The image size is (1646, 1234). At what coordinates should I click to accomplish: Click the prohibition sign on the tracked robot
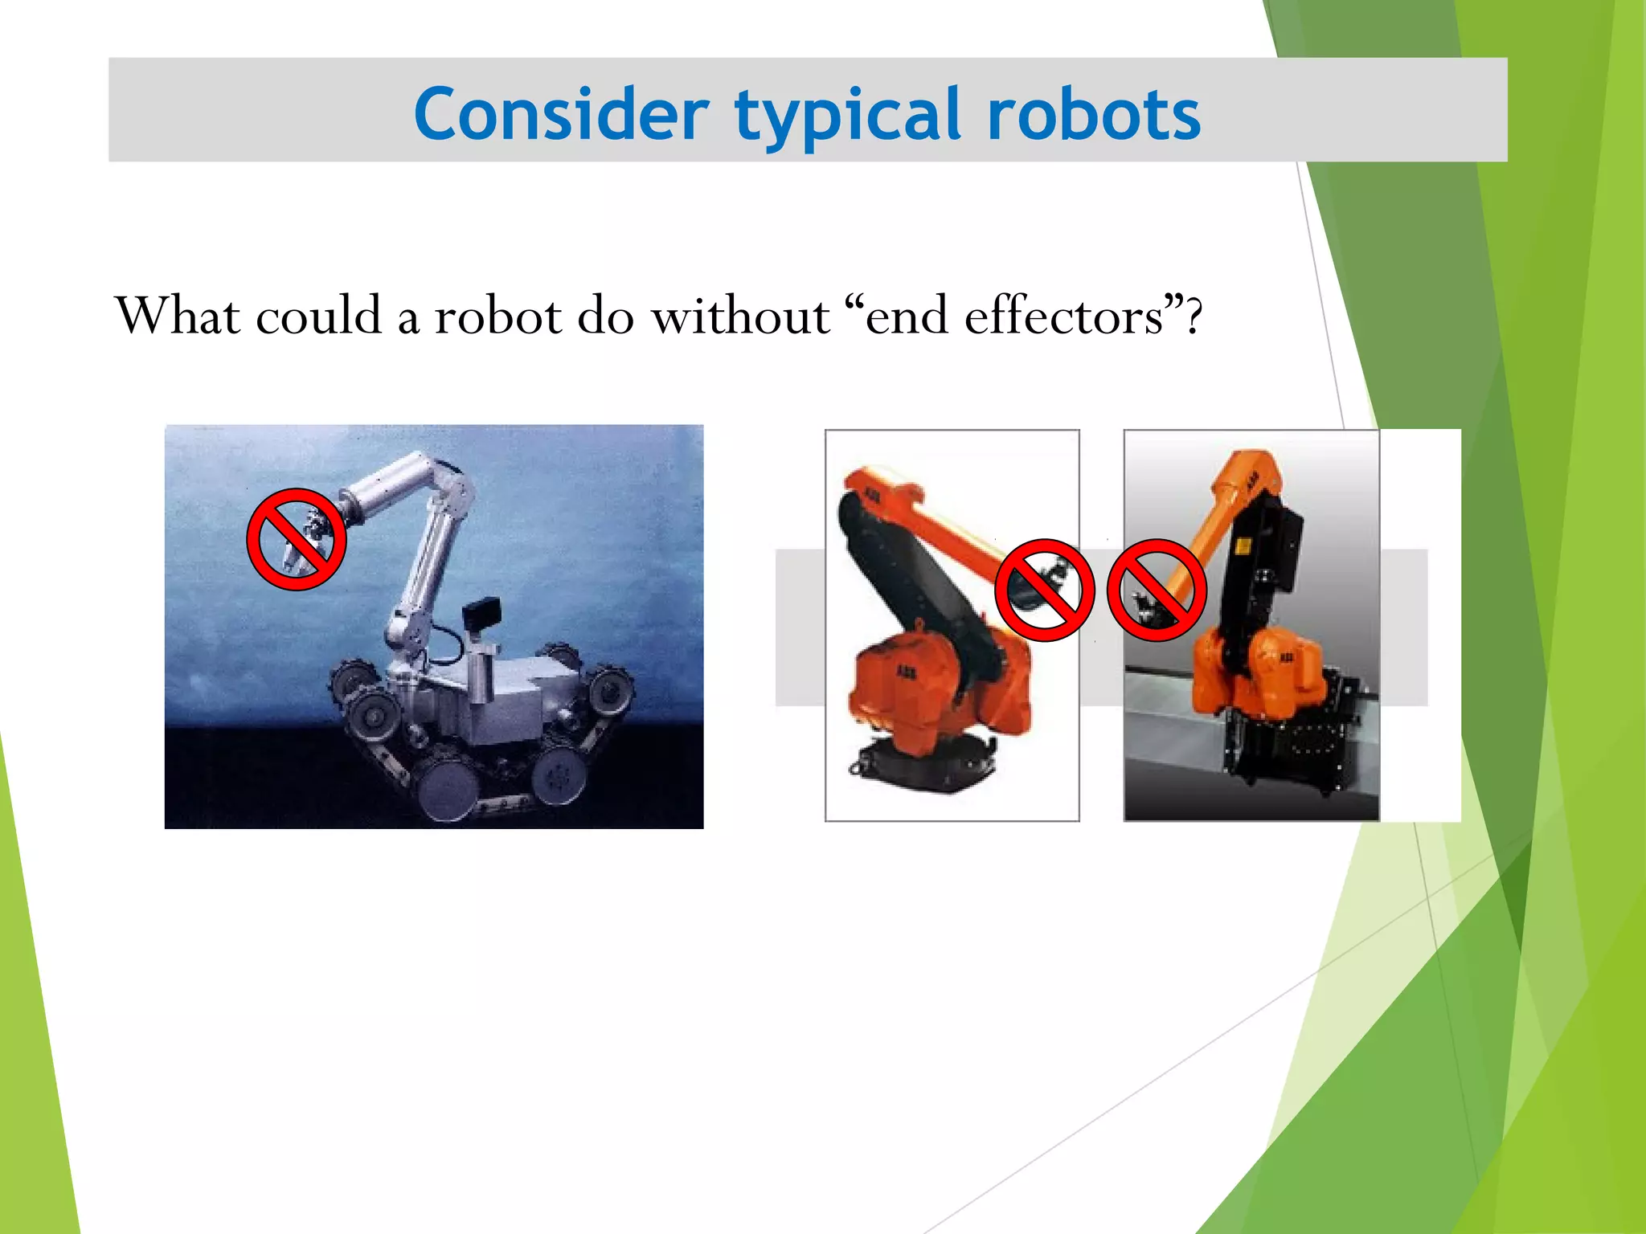point(296,539)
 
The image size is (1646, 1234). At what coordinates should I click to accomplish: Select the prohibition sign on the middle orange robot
point(1044,590)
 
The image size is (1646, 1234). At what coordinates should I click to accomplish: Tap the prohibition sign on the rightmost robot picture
point(1157,590)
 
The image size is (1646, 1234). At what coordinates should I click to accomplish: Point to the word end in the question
point(906,317)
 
